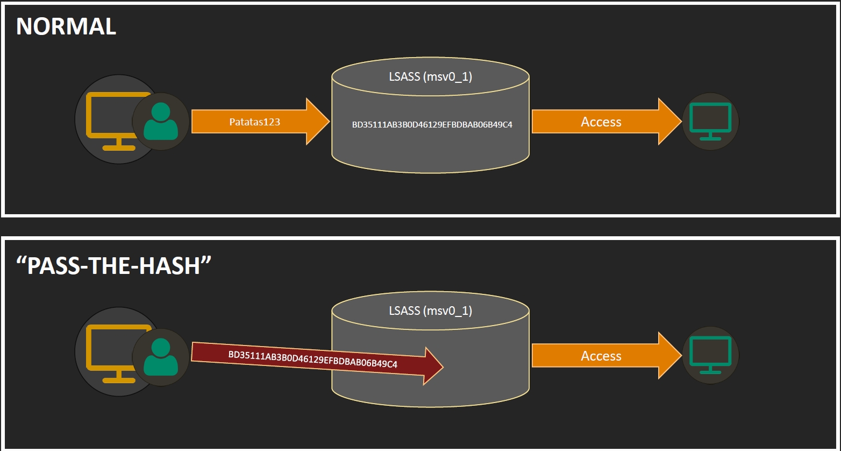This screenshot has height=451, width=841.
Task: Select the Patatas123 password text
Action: pyautogui.click(x=255, y=122)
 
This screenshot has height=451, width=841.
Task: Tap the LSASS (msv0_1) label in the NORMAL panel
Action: pyautogui.click(x=430, y=77)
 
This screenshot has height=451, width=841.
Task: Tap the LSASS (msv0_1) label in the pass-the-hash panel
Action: pyautogui.click(x=430, y=311)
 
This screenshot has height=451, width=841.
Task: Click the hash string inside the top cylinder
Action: pyautogui.click(x=432, y=124)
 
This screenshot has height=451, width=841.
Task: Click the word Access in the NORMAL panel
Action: pyautogui.click(x=601, y=122)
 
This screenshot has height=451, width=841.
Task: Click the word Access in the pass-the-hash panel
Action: pyautogui.click(x=601, y=356)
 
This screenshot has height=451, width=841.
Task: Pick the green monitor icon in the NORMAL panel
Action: pyautogui.click(x=710, y=121)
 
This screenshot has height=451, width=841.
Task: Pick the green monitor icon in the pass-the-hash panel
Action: pyautogui.click(x=710, y=355)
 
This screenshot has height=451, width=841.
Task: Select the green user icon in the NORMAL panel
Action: pyautogui.click(x=161, y=122)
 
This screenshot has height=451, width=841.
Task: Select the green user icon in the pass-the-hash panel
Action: pyautogui.click(x=161, y=356)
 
